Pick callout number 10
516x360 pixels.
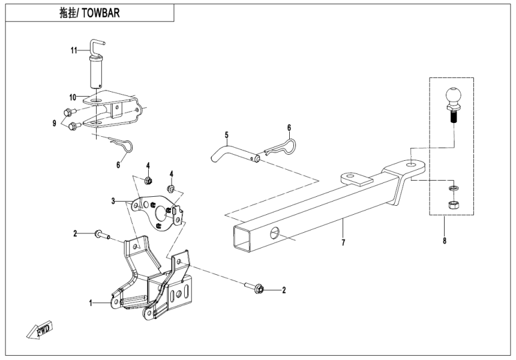(72, 97)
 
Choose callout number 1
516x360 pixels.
(92, 304)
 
